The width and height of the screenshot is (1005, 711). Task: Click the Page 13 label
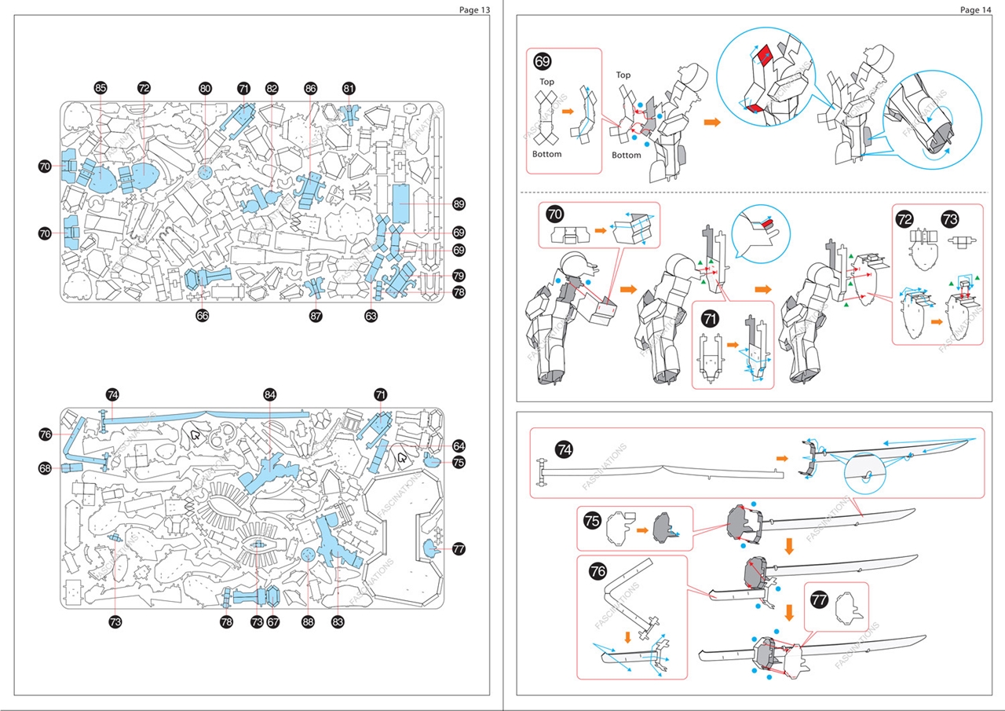point(474,9)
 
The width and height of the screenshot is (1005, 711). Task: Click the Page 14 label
point(976,9)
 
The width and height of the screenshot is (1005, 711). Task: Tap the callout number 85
point(100,88)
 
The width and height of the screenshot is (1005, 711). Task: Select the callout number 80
point(205,89)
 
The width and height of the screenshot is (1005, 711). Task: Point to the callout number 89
point(459,203)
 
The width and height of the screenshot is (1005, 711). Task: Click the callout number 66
point(202,316)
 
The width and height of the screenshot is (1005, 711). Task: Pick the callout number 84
point(270,394)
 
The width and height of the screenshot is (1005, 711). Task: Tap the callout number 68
point(45,468)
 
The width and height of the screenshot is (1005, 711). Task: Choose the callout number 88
point(308,621)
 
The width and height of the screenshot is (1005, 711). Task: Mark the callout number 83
point(338,621)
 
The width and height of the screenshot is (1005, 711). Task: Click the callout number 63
point(371,316)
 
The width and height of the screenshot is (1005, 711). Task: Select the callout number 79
point(459,276)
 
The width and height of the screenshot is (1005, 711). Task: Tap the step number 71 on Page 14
point(710,319)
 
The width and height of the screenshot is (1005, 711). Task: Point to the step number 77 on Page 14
point(819,599)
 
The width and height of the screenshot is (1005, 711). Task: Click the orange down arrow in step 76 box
point(627,636)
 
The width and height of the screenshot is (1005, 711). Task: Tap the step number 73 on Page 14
point(948,221)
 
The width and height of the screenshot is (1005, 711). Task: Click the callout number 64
point(459,445)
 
